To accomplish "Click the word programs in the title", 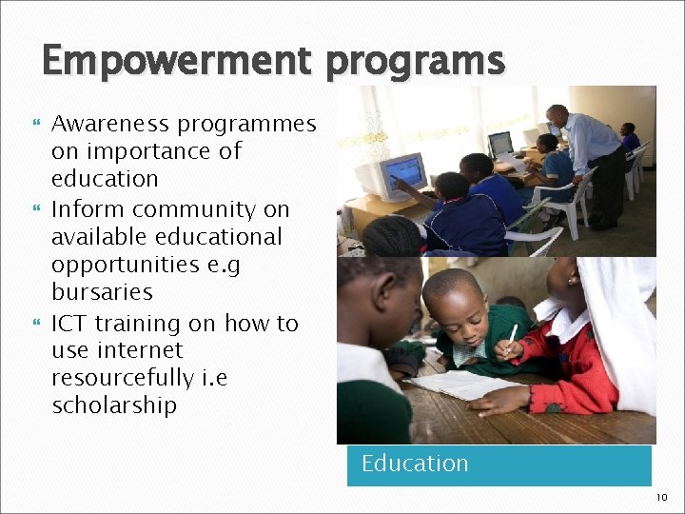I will [415, 63].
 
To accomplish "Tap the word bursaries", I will [102, 291].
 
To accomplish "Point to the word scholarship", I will [114, 405].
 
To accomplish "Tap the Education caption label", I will [415, 464].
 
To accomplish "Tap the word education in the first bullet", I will [105, 179].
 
